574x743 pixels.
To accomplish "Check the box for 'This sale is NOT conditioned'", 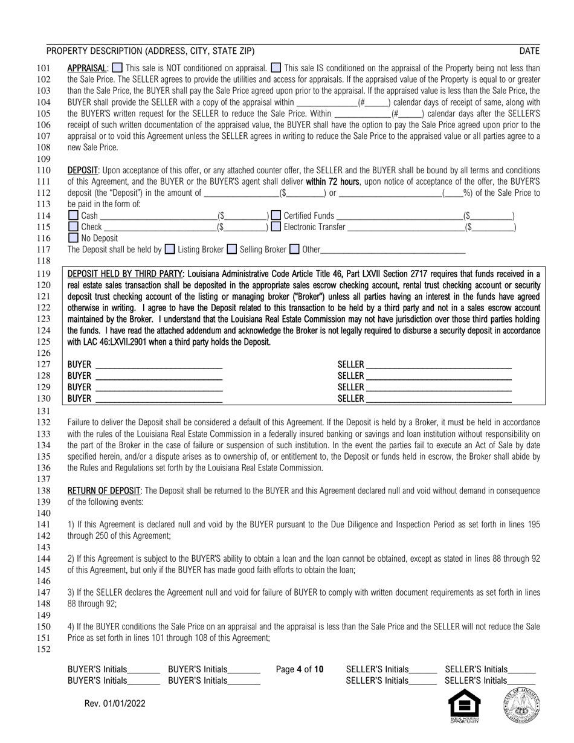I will coord(118,68).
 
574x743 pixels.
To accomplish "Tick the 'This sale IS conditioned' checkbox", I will coord(276,68).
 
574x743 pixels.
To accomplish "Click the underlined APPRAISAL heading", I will coord(87,68).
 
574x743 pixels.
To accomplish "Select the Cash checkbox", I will coord(73,215).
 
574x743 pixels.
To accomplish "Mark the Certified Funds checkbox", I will coord(276,215).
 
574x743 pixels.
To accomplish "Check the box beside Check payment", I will coord(73,227).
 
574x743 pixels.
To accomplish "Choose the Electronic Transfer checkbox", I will coord(276,227).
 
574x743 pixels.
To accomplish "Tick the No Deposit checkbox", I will coord(73,238).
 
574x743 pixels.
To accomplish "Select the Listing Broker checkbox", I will coord(170,249).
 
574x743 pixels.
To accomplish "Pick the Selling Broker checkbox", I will coord(231,249).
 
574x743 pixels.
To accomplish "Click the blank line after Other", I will coord(393,249).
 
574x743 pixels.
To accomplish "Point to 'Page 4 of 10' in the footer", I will coord(299,669).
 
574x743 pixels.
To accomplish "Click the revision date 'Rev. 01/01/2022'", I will coord(115,703).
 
